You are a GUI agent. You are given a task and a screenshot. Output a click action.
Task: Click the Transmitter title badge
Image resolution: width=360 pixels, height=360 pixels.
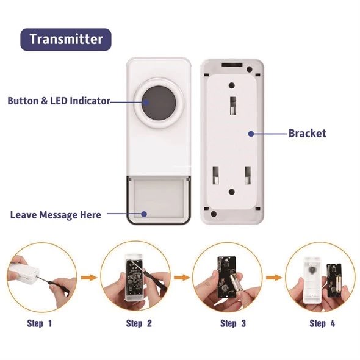click(x=66, y=39)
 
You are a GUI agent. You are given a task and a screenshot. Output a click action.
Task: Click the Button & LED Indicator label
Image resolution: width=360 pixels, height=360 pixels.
click(x=59, y=101)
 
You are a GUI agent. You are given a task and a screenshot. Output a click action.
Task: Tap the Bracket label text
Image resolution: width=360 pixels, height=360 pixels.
click(x=307, y=134)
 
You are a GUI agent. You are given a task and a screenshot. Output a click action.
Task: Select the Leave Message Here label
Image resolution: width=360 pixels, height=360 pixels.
click(x=56, y=215)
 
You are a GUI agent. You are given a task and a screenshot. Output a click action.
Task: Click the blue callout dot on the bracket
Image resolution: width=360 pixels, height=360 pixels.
click(x=251, y=134)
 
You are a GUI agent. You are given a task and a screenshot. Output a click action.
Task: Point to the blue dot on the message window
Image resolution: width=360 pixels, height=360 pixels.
click(x=144, y=214)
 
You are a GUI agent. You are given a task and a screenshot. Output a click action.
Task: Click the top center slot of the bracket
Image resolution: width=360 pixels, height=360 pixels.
click(x=233, y=106)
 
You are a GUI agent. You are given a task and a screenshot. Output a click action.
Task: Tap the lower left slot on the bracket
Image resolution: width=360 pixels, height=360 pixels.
click(x=215, y=175)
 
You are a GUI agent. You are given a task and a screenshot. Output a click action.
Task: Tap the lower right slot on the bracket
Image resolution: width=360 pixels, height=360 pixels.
click(x=248, y=175)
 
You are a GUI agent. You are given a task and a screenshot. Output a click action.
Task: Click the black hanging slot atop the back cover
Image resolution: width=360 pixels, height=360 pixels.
click(x=232, y=65)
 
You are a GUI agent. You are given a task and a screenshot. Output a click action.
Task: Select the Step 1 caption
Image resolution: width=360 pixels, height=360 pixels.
click(x=40, y=323)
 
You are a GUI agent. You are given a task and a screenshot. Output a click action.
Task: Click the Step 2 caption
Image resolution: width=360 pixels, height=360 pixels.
click(x=139, y=323)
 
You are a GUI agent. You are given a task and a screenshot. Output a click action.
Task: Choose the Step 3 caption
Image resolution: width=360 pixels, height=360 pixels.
click(x=233, y=323)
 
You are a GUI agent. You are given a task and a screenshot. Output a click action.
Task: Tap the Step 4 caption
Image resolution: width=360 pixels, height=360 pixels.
click(x=322, y=323)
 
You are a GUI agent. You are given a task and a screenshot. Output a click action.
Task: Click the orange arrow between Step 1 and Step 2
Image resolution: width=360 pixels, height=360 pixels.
click(x=89, y=278)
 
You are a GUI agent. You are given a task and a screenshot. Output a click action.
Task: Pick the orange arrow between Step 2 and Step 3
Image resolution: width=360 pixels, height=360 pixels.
click(x=182, y=278)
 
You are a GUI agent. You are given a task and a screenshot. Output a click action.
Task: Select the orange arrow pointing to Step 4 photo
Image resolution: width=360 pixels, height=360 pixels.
click(x=274, y=278)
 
